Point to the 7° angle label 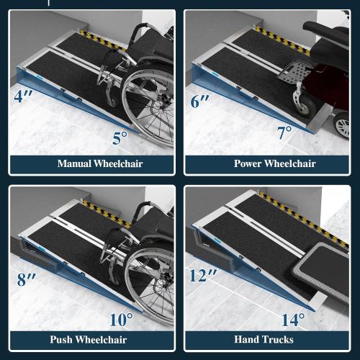[285, 132]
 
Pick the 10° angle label [122, 318]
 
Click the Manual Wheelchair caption [91, 163]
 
